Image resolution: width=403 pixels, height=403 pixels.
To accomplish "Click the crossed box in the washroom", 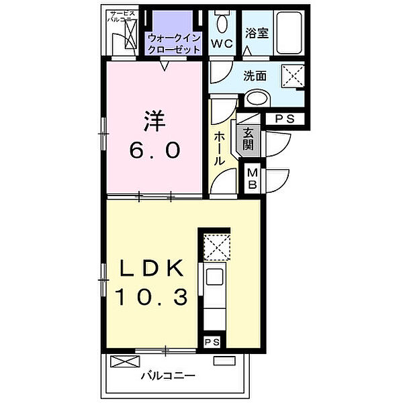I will click(291, 74).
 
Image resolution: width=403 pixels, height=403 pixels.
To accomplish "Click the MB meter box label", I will click(253, 179).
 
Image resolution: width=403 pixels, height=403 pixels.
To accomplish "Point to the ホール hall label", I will click(219, 148).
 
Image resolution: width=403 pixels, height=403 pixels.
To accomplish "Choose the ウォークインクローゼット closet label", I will click(174, 43).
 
